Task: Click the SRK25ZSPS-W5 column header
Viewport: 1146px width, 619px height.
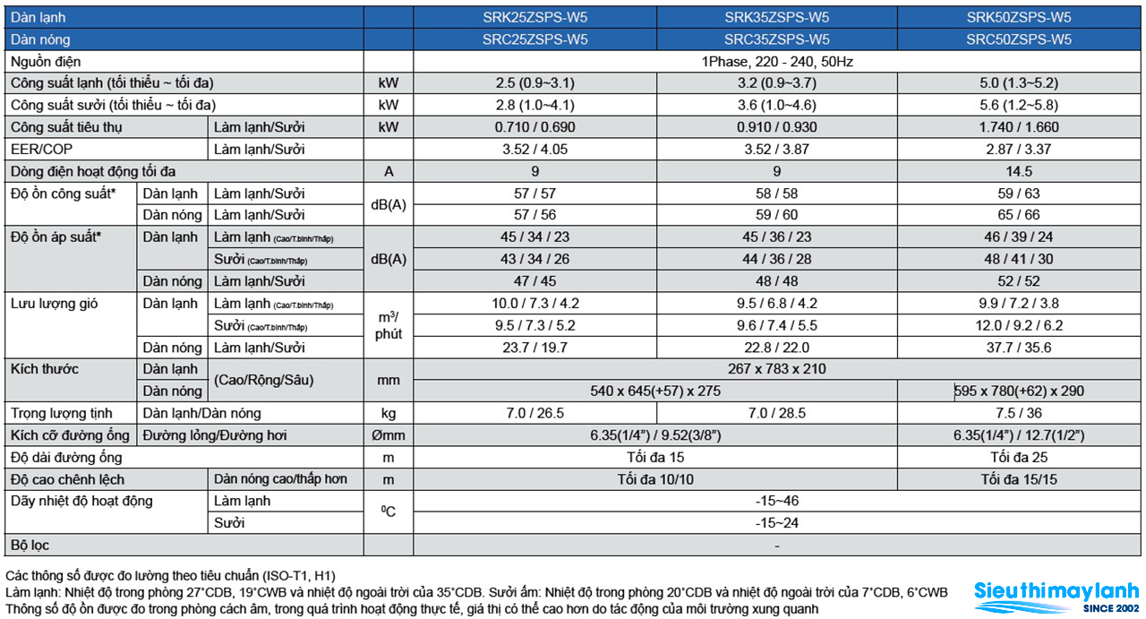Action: pyautogui.click(x=535, y=17)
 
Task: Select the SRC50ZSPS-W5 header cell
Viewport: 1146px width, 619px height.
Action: pyautogui.click(x=1019, y=39)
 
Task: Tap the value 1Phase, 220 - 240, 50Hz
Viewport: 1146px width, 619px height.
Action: pyautogui.click(x=776, y=62)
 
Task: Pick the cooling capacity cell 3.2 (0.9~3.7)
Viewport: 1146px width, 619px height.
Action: pyautogui.click(x=776, y=83)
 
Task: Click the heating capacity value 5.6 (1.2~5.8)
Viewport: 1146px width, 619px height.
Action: pyautogui.click(x=1019, y=105)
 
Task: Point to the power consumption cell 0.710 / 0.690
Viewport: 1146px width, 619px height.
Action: pyautogui.click(x=535, y=127)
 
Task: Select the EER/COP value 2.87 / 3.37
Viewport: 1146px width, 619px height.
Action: pyautogui.click(x=1019, y=149)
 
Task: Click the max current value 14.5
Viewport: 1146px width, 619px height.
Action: pyautogui.click(x=1019, y=171)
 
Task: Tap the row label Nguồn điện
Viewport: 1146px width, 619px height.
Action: pyautogui.click(x=46, y=62)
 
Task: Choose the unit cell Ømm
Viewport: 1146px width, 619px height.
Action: pyautogui.click(x=389, y=435)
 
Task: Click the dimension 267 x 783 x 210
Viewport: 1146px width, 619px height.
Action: pyautogui.click(x=776, y=369)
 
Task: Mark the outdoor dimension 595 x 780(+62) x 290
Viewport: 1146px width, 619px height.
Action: pyautogui.click(x=1019, y=391)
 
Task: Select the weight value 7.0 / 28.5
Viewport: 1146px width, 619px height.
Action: pyautogui.click(x=776, y=413)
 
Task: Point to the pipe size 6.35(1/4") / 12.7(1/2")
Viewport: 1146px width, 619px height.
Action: pyautogui.click(x=1019, y=435)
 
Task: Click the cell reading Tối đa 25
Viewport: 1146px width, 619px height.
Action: pyautogui.click(x=1019, y=457)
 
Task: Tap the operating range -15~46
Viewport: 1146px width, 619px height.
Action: pyautogui.click(x=776, y=500)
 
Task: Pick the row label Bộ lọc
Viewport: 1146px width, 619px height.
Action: pyautogui.click(x=30, y=546)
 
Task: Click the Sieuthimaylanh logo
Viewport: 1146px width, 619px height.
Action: pyautogui.click(x=1056, y=597)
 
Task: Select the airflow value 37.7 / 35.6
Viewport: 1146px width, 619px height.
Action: pyautogui.click(x=1019, y=348)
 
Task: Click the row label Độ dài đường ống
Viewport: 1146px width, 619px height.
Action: pyautogui.click(x=66, y=457)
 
